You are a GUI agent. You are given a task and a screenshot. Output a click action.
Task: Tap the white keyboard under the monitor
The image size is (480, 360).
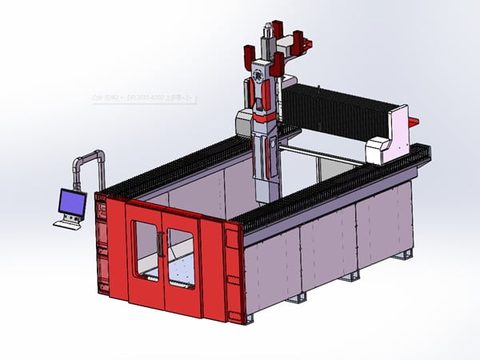pyautogui.click(x=68, y=223)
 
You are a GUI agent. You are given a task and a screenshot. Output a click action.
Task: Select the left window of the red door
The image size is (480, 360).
pyautogui.click(x=146, y=250)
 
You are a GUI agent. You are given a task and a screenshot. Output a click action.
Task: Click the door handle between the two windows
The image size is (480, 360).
pyautogui.click(x=162, y=243)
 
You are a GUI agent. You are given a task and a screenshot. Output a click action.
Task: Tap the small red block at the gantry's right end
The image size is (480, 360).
pyautogui.click(x=413, y=121)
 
